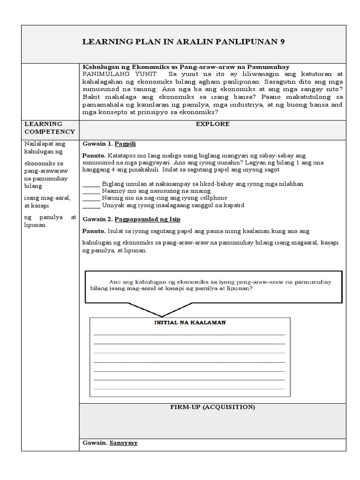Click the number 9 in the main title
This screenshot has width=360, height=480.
(x=282, y=42)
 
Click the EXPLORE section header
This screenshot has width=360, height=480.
(x=212, y=124)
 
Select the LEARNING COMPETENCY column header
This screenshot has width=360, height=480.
(x=49, y=128)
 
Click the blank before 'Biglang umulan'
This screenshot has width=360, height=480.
(x=91, y=184)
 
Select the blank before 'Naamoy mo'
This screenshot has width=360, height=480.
(x=91, y=191)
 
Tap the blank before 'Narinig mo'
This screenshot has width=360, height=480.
(x=91, y=198)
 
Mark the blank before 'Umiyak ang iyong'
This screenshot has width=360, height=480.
(x=91, y=205)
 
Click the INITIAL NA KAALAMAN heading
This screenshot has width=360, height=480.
(x=190, y=323)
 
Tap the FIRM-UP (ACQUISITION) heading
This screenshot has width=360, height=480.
(x=212, y=407)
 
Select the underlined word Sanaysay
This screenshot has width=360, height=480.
(x=123, y=442)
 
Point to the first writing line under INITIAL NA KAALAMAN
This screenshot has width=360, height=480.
(x=189, y=335)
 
